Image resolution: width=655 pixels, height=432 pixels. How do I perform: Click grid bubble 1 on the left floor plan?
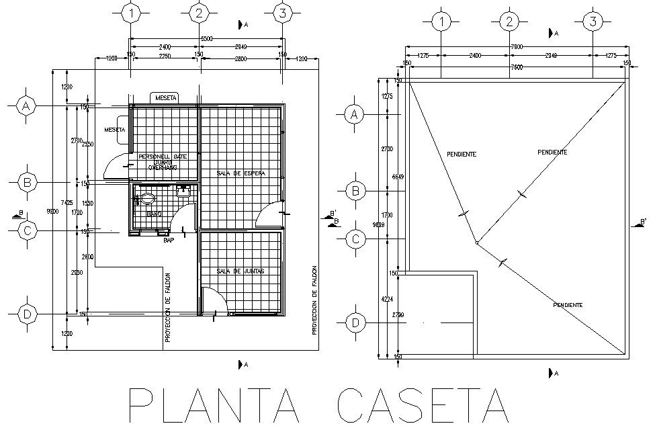coord(132,13)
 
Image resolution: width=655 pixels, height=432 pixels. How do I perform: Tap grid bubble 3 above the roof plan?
coord(592,21)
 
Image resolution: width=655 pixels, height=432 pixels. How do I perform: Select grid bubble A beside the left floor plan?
coord(26,106)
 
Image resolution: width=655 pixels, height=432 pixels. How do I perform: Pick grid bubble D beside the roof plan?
coord(355,323)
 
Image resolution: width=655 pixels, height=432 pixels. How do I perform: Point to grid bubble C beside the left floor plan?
coord(26,230)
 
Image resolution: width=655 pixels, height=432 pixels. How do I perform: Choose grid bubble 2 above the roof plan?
coord(509,21)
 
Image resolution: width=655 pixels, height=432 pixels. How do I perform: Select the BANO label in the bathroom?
coord(154,214)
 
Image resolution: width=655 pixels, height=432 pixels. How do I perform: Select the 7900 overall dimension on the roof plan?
coord(516,46)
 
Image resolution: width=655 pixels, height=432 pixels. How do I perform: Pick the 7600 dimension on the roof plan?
coord(516,67)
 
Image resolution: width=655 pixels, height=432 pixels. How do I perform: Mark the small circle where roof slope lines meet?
coord(476,243)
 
